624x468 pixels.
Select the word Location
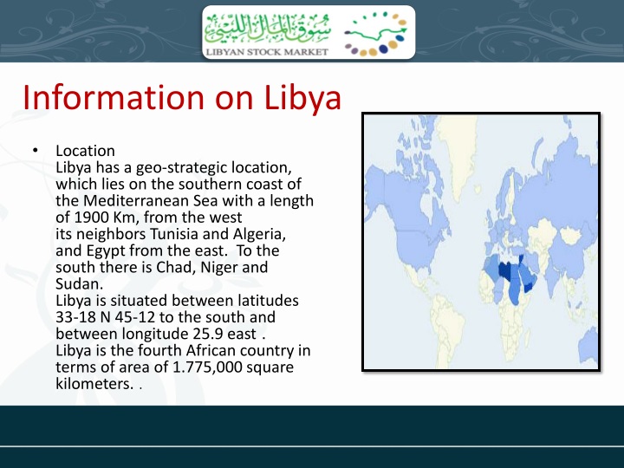[x=85, y=151]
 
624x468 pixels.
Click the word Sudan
[x=76, y=283]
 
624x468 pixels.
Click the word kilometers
[x=94, y=383]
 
